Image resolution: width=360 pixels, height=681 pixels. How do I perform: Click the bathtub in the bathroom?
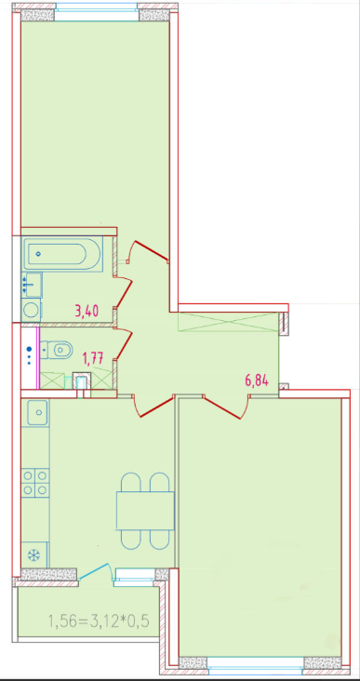click(61, 254)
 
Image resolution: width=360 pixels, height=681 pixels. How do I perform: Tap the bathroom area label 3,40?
click(87, 311)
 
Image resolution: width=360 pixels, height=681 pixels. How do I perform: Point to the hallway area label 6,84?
click(257, 381)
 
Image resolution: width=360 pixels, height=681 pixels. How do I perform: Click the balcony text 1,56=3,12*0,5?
click(99, 621)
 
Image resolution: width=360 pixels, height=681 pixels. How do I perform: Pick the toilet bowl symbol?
click(58, 350)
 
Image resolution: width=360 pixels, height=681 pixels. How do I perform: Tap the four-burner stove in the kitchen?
click(35, 482)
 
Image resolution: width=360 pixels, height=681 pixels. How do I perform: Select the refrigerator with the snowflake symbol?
click(34, 554)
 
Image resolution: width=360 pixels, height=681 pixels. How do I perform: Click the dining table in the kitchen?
click(145, 511)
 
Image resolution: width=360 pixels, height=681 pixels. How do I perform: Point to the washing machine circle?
click(32, 310)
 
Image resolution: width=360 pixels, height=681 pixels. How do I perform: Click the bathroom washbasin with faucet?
click(32, 285)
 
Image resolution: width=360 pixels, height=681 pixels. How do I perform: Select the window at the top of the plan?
click(97, 12)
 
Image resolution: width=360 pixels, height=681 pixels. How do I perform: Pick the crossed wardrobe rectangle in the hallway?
click(228, 322)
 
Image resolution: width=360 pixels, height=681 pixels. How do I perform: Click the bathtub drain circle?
click(39, 254)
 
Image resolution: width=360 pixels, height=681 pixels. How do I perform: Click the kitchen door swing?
click(151, 406)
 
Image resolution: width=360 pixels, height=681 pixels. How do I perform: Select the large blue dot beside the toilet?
click(29, 348)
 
